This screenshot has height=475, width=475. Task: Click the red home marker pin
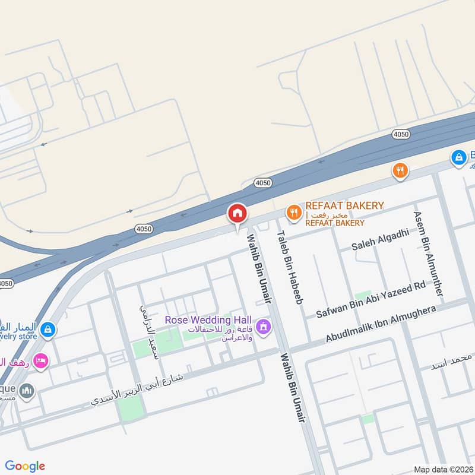pyautogui.click(x=237, y=214)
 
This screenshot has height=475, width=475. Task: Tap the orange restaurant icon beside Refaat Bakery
pyautogui.click(x=293, y=213)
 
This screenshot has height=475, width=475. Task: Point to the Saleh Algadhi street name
pyautogui.click(x=381, y=240)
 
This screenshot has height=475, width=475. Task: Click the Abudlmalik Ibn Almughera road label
pyautogui.click(x=381, y=324)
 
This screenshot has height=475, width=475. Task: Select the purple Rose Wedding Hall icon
pyautogui.click(x=265, y=327)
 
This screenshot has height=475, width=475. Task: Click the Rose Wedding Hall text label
pyautogui.click(x=208, y=320)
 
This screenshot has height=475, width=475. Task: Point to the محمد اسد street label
pyautogui.click(x=453, y=360)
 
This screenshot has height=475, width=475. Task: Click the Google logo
pyautogui.click(x=25, y=466)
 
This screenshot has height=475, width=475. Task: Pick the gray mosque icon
pyautogui.click(x=27, y=391)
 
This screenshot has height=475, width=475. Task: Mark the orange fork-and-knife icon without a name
pyautogui.click(x=401, y=171)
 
